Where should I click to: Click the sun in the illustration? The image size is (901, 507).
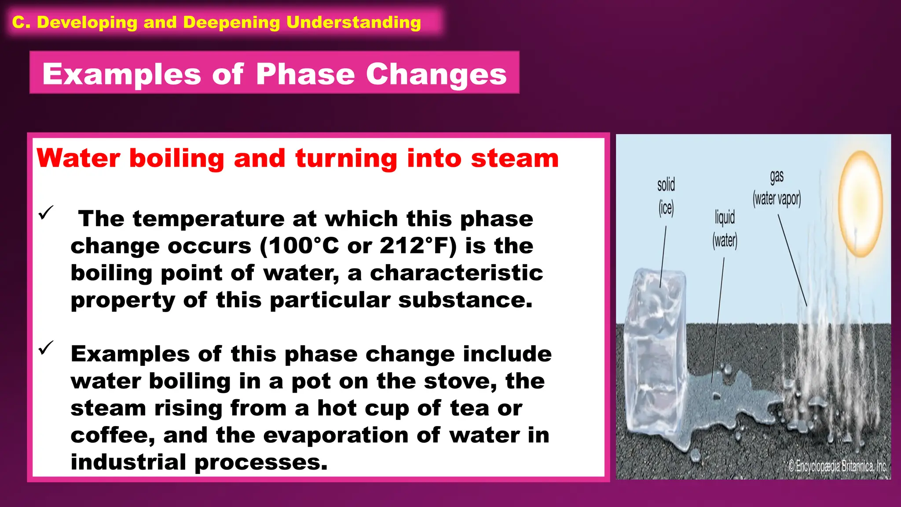(x=860, y=203)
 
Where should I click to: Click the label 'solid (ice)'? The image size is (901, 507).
(x=666, y=196)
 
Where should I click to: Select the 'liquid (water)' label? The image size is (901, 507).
(x=725, y=229)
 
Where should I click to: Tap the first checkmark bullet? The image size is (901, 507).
(x=46, y=213)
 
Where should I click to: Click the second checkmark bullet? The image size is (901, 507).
(x=46, y=348)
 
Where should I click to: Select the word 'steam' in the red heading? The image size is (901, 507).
(x=514, y=158)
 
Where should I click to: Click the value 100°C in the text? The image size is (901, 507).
(x=304, y=246)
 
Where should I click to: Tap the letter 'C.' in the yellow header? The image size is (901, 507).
(x=21, y=22)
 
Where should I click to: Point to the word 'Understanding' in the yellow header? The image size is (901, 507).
(x=354, y=22)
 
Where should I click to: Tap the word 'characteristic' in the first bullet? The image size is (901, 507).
(x=456, y=273)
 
